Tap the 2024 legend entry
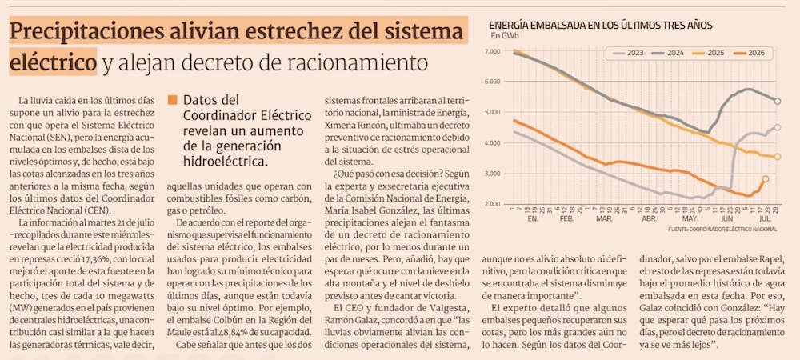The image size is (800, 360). click(x=668, y=53)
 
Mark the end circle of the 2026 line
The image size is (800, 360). click(x=766, y=179)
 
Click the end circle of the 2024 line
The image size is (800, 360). click(x=778, y=102)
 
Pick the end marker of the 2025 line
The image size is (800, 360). click(x=778, y=157)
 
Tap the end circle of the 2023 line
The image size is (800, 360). click(x=778, y=127)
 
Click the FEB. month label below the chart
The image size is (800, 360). click(x=566, y=218)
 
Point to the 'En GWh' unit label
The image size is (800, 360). click(x=502, y=35)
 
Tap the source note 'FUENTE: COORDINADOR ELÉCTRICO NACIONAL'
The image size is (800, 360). click(x=722, y=230)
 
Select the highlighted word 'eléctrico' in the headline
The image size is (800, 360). click(x=53, y=62)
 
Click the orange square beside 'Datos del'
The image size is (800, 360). click(x=173, y=100)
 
